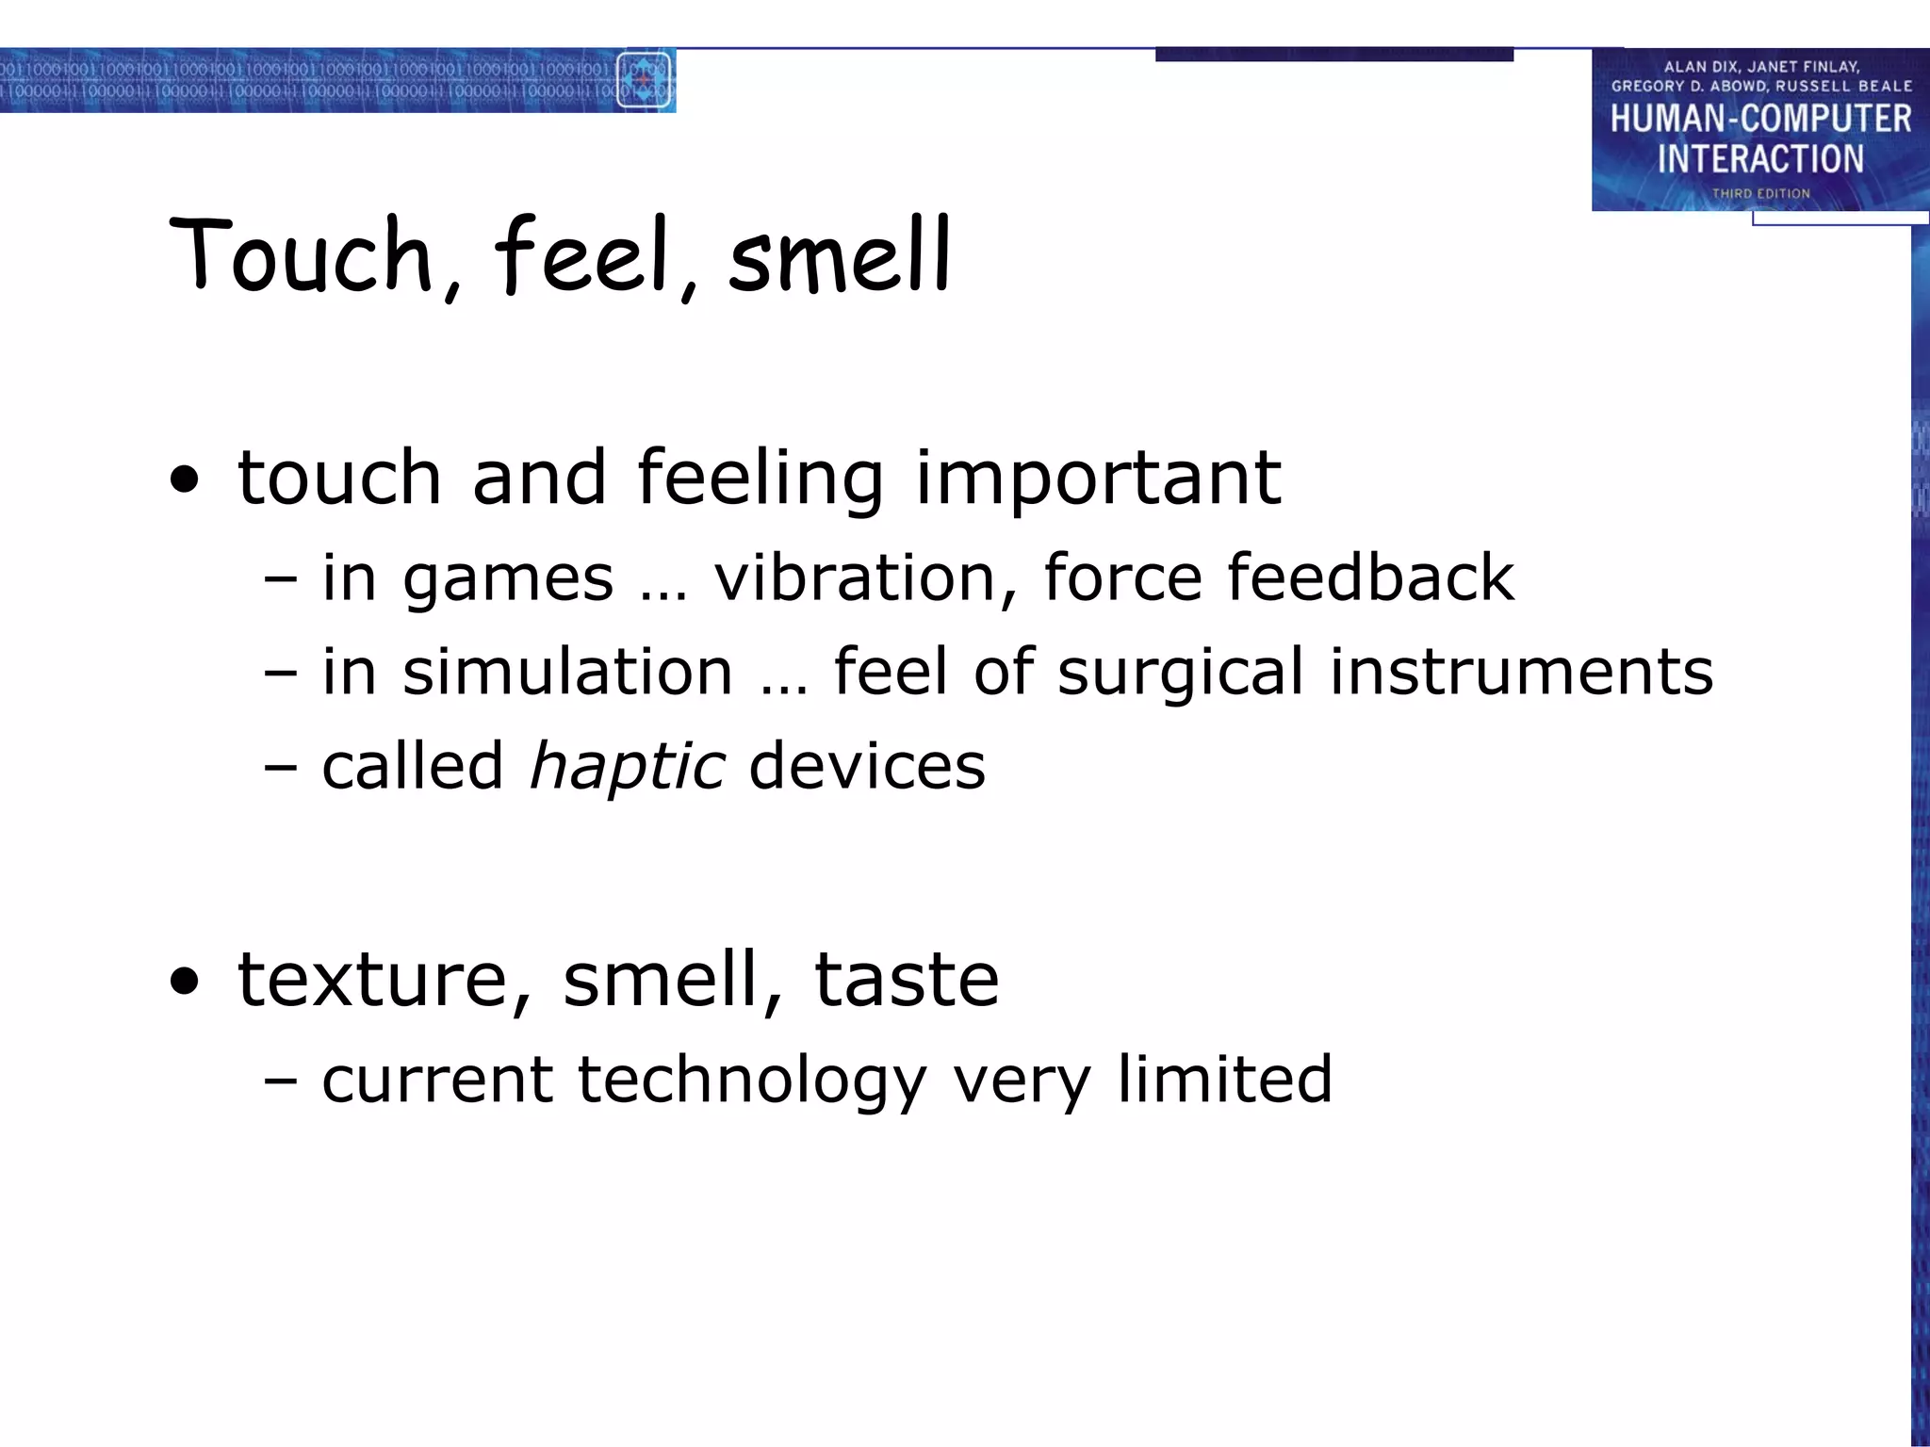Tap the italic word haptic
pyautogui.click(x=627, y=765)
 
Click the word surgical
pyautogui.click(x=1181, y=673)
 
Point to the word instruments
pyautogui.click(x=1520, y=671)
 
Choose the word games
pyautogui.click(x=508, y=578)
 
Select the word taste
pyautogui.click(x=906, y=980)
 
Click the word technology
pyautogui.click(x=751, y=1080)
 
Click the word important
pyautogui.click(x=1097, y=479)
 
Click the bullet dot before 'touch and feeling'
pyautogui.click(x=186, y=480)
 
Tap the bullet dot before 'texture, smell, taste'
pyautogui.click(x=186, y=983)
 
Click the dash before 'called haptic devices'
pyautogui.click(x=281, y=767)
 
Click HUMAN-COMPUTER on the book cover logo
pyautogui.click(x=1759, y=119)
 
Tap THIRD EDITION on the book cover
pyautogui.click(x=1760, y=193)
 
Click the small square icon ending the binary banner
pyautogui.click(x=645, y=80)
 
